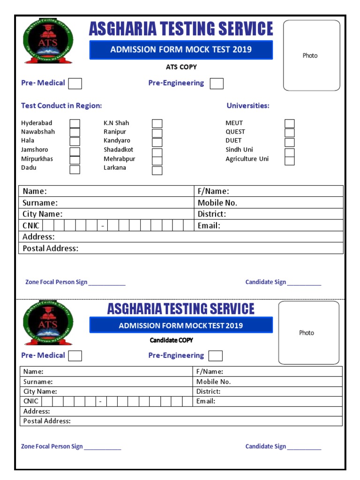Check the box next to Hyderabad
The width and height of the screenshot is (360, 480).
click(75, 124)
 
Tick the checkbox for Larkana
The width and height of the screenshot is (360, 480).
click(157, 170)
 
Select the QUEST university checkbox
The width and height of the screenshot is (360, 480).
click(290, 133)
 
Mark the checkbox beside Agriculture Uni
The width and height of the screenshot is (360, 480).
click(290, 161)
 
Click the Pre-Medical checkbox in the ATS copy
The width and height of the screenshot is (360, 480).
click(75, 83)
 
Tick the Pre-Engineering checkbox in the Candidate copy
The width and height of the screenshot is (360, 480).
click(216, 356)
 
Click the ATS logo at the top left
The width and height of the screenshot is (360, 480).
click(48, 43)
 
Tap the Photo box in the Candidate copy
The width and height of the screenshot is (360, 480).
click(308, 333)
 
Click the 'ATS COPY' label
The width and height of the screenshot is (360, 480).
click(181, 67)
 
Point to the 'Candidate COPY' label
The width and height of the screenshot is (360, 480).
click(171, 340)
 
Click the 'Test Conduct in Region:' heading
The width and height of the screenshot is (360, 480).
click(61, 106)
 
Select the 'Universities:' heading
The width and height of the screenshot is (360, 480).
click(248, 106)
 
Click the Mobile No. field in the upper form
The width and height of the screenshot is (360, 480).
click(269, 203)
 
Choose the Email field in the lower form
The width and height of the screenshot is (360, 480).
click(268, 401)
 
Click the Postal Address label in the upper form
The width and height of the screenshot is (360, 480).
click(51, 248)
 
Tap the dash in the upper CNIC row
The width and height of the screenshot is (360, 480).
click(102, 226)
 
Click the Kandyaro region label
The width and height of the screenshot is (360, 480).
click(117, 141)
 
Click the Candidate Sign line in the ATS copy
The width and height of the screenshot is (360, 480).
click(304, 283)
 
